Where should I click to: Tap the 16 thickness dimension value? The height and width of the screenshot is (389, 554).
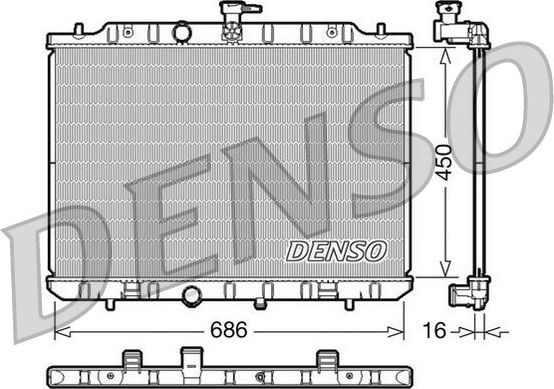[434, 328]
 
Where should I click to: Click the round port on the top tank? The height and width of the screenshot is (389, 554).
[181, 33]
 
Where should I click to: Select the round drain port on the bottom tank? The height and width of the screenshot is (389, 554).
[190, 296]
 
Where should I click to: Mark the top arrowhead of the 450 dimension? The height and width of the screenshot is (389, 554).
[443, 51]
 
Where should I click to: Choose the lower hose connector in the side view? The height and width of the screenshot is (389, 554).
[467, 294]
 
